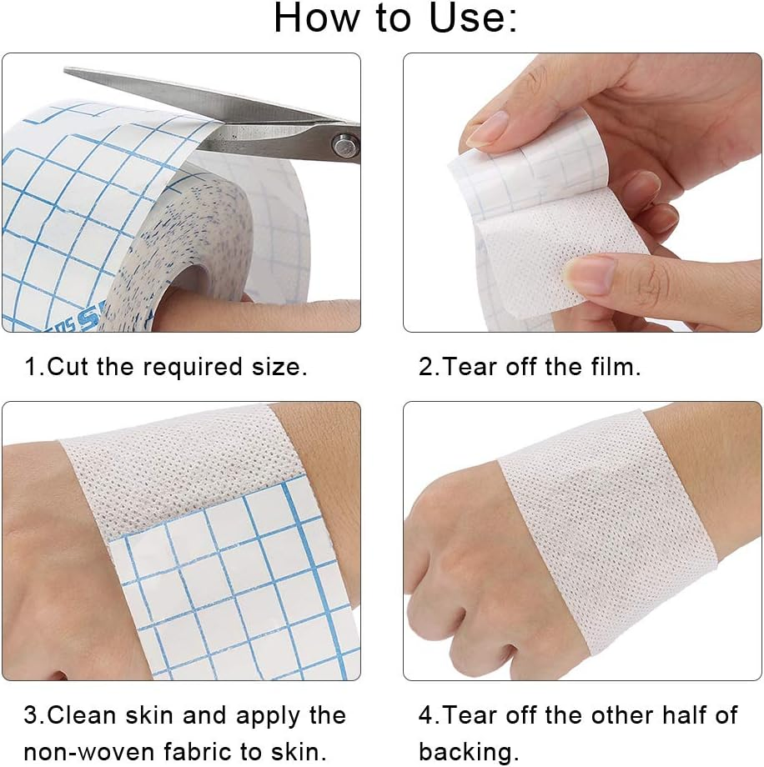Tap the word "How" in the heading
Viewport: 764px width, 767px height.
[x=316, y=18]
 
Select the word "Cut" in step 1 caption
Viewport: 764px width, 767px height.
[x=70, y=367]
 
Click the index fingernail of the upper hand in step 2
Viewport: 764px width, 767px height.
[x=489, y=130]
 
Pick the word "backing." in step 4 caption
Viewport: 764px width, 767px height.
[x=469, y=750]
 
